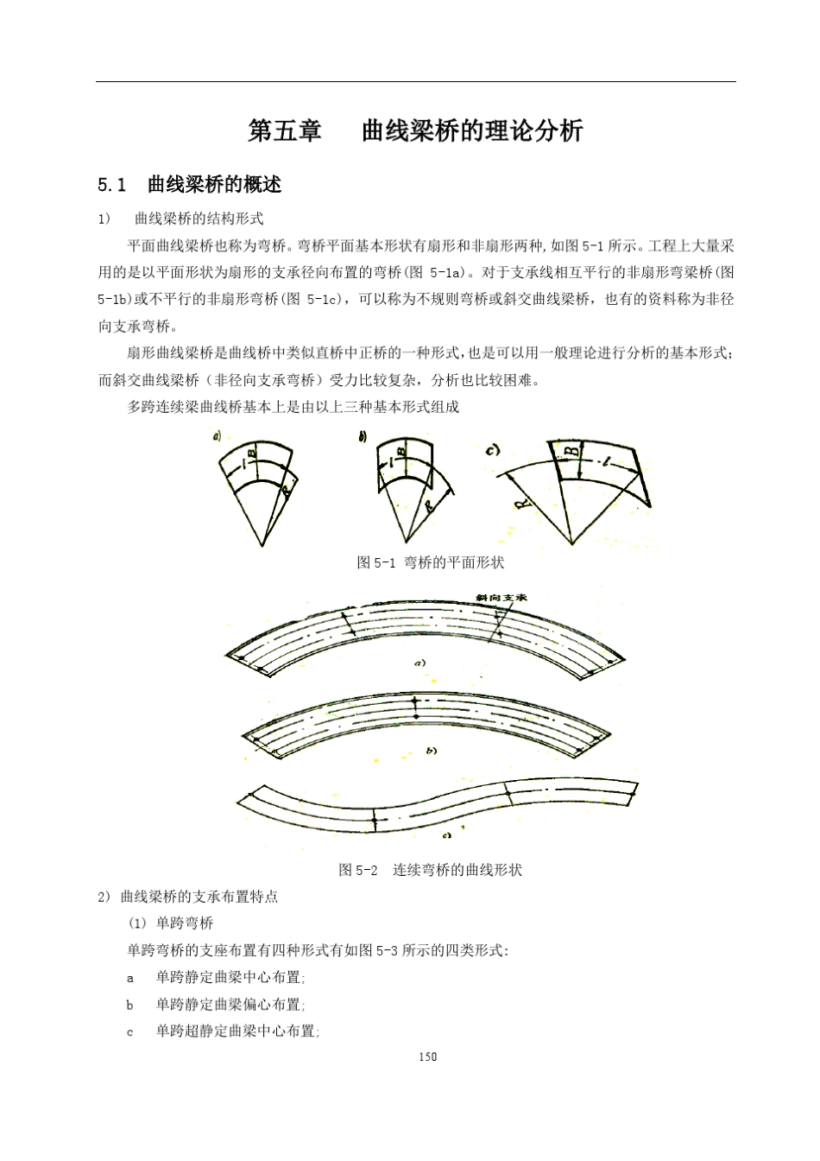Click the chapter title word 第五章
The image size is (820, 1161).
click(285, 131)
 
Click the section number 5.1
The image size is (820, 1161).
click(112, 185)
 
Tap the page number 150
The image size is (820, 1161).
click(427, 1056)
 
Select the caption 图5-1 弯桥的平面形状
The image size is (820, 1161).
click(431, 562)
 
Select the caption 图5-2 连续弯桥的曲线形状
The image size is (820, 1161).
click(430, 870)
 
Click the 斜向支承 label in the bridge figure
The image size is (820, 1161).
click(501, 598)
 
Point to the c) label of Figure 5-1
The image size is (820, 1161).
click(495, 449)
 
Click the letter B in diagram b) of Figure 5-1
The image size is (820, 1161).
click(401, 451)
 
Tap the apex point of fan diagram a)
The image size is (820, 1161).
click(262, 546)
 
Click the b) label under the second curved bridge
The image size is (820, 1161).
click(432, 751)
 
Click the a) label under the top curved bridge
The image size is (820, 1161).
click(419, 663)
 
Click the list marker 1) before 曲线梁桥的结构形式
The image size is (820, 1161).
click(105, 219)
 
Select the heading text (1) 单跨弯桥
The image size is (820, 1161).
click(171, 923)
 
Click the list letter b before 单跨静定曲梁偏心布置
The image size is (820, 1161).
click(130, 1005)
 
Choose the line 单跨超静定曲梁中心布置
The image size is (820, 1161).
click(237, 1031)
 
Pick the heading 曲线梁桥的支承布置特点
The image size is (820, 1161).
click(199, 897)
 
